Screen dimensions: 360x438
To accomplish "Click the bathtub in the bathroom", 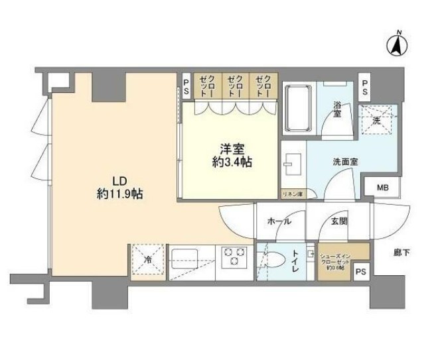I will coord(299,109).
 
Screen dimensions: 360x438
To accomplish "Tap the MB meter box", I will coord(382,188).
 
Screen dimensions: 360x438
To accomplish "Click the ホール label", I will coord(278,223).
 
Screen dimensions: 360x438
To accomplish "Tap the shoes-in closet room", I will coord(334,261).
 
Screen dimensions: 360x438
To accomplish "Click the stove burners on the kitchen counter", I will coord(234,256).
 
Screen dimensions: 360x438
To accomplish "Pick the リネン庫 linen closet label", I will coord(291,194).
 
